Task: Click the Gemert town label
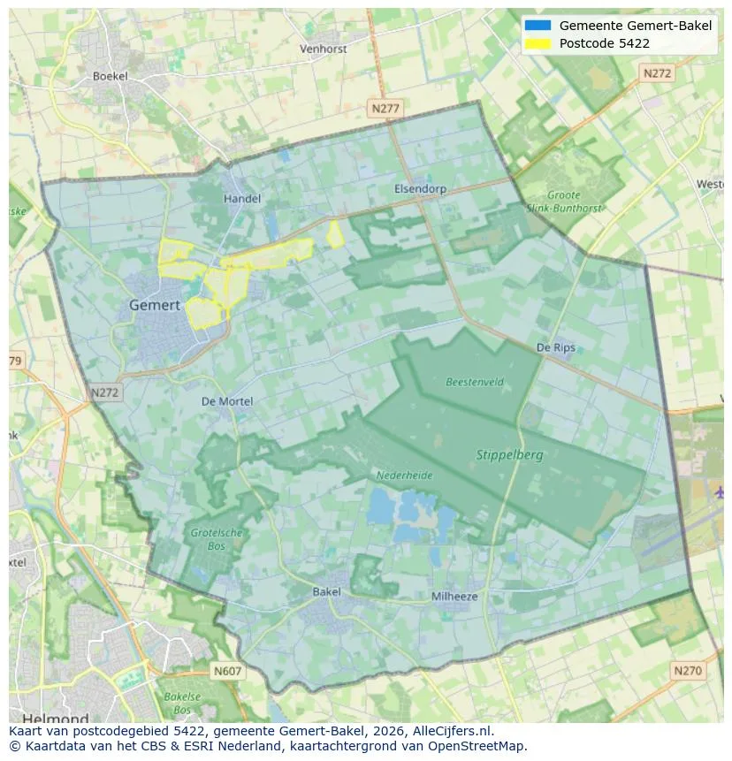tap(155, 305)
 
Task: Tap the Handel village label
tap(241, 199)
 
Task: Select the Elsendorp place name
tap(420, 189)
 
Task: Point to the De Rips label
tap(556, 347)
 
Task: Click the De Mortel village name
tap(227, 401)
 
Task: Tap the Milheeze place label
tap(454, 597)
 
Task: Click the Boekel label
tap(110, 76)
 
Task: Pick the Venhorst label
tap(323, 49)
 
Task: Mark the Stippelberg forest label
tap(509, 455)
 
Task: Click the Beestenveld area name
tap(474, 383)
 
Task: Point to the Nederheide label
tap(404, 475)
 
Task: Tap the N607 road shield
tap(227, 672)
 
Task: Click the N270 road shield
tap(687, 671)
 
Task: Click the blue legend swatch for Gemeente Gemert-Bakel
tap(537, 26)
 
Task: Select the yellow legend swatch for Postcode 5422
tap(537, 43)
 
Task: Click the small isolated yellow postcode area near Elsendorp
tap(335, 234)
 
